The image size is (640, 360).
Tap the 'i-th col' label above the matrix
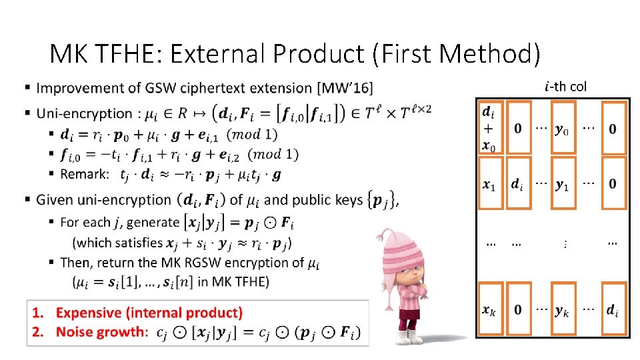565,86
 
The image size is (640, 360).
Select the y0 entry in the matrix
563,129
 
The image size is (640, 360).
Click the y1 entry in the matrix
563,184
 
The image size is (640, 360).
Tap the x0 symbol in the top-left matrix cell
489,146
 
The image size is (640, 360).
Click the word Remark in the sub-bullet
85,175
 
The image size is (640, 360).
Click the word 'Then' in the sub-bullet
75,263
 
